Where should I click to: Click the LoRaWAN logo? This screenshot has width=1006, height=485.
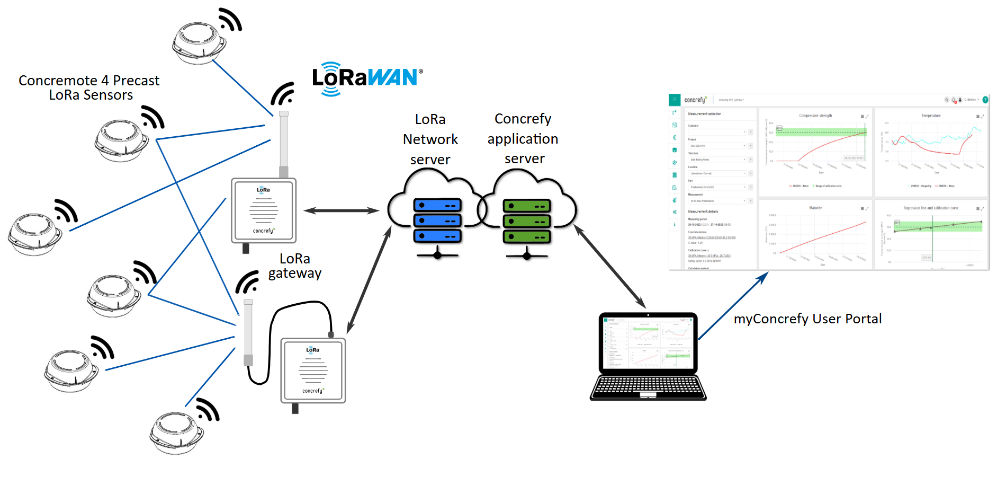click(x=367, y=78)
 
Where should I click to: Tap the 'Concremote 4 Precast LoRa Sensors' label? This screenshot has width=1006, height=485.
click(x=89, y=88)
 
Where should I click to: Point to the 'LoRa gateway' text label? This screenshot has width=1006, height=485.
click(x=295, y=266)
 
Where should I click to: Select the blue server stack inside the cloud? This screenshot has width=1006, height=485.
click(x=437, y=221)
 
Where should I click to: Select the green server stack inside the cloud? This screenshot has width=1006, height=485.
click(x=527, y=222)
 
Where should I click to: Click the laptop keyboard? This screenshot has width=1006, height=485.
click(x=648, y=387)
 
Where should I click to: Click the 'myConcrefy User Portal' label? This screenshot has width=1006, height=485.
click(x=807, y=319)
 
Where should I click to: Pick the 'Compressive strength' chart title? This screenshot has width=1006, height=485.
click(x=815, y=116)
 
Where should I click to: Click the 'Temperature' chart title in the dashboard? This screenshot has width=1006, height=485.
click(x=931, y=116)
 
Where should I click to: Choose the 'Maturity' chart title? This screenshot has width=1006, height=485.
click(x=815, y=208)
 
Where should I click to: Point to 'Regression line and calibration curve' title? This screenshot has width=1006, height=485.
click(x=931, y=208)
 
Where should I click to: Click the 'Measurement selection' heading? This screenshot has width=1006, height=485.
click(x=704, y=114)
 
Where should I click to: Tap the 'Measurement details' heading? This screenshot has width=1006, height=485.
click(x=703, y=211)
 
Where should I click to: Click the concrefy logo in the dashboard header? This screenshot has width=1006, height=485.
click(x=695, y=100)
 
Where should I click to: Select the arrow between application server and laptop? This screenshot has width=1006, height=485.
click(x=610, y=267)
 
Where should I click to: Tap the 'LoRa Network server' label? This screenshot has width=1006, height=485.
click(x=430, y=139)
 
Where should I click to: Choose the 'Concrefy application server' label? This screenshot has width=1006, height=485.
click(x=523, y=139)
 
